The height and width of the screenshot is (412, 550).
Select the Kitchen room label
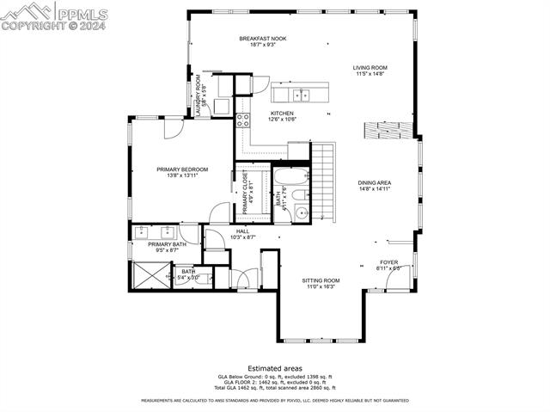click(x=283, y=114)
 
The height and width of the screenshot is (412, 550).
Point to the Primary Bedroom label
click(x=182, y=169)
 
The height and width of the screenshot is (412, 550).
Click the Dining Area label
click(x=375, y=182)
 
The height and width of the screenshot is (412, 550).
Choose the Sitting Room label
click(x=321, y=280)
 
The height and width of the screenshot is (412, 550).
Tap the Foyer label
click(x=389, y=262)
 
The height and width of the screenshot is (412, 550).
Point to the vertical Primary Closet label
click(x=245, y=192)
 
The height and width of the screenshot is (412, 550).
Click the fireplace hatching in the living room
click(x=386, y=131)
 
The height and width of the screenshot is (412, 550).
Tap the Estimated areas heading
click(x=275, y=368)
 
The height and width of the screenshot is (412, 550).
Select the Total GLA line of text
click(x=275, y=388)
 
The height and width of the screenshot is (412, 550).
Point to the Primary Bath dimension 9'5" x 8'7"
click(x=166, y=250)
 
